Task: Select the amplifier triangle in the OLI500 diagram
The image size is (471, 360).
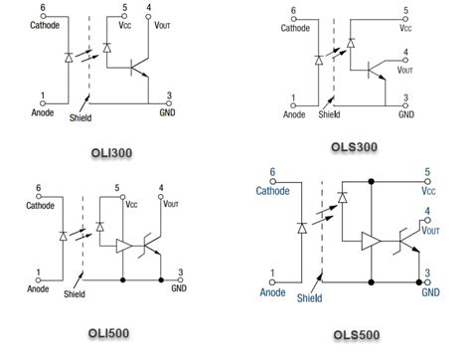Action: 124,245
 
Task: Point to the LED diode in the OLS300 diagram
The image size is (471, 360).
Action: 318,58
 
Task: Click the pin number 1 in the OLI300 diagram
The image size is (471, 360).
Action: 42,96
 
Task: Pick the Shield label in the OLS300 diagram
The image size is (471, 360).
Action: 329,114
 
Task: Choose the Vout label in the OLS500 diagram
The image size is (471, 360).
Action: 431,228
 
